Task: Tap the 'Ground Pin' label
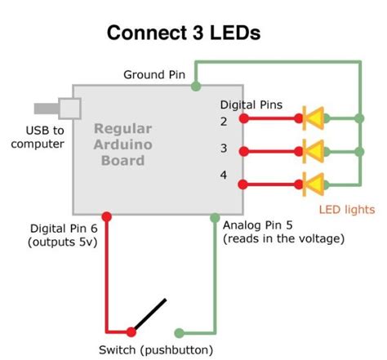pos(154,75)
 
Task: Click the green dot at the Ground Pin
pos(195,85)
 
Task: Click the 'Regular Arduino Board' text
pos(122,144)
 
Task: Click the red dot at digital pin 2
pos(243,119)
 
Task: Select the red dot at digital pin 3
pos(243,151)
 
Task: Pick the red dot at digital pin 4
pos(243,183)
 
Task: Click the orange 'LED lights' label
pos(347,210)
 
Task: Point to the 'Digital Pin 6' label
pos(64,235)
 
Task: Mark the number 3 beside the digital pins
pos(224,149)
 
